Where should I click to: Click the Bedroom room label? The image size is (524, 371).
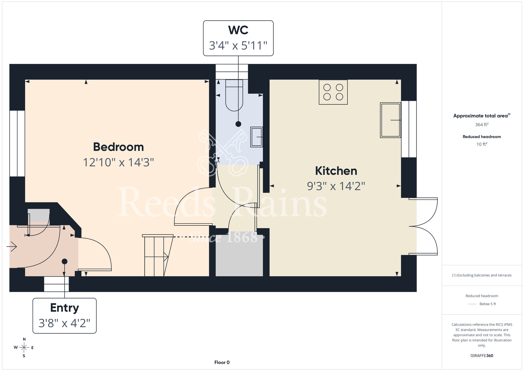(x=118, y=147)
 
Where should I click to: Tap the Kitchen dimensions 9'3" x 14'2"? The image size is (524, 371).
(x=336, y=186)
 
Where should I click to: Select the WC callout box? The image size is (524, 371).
(x=238, y=38)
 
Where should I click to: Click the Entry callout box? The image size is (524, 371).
(x=64, y=316)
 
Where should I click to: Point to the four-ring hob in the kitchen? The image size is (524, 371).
(x=333, y=92)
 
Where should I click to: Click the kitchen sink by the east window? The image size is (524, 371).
(x=390, y=120)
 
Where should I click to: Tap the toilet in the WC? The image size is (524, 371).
(x=234, y=95)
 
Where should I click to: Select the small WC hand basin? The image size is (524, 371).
(x=256, y=137)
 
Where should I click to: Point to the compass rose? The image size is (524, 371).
(x=24, y=348)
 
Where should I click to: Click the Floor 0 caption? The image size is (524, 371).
(x=222, y=362)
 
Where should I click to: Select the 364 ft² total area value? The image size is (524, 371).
(x=482, y=125)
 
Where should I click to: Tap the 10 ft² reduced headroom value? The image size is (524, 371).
(x=482, y=144)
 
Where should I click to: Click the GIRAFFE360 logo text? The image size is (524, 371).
(x=482, y=356)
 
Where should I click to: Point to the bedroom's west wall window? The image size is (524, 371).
(x=17, y=144)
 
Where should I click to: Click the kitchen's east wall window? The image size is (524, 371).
(x=409, y=129)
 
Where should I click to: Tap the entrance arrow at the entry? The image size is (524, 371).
(x=12, y=247)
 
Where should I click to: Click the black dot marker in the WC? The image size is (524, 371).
(x=238, y=124)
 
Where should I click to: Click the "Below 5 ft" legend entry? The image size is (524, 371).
(x=482, y=304)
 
